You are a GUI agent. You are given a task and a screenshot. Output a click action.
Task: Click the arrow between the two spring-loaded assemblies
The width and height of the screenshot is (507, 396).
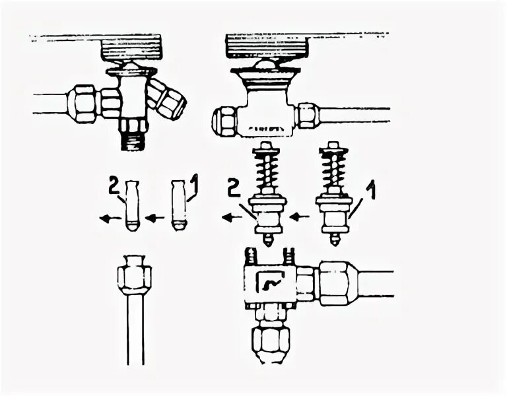(300, 216)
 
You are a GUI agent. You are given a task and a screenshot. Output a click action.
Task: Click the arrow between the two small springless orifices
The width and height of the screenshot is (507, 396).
(154, 216)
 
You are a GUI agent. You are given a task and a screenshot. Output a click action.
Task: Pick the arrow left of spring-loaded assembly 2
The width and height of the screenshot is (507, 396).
(232, 216)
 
